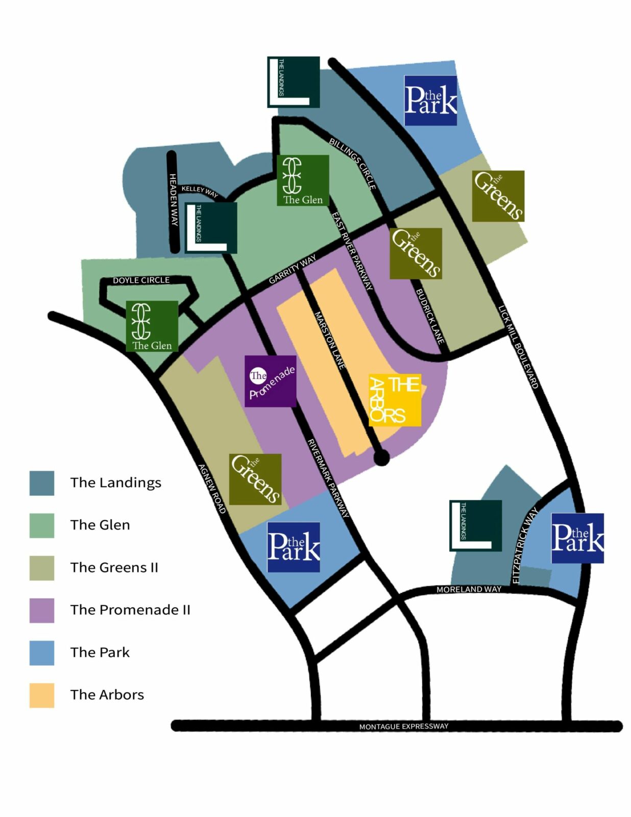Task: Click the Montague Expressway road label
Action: [403, 726]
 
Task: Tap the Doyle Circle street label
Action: [141, 280]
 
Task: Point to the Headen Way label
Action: [174, 200]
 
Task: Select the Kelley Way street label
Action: [200, 191]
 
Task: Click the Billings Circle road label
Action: [353, 163]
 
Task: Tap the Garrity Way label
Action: [293, 269]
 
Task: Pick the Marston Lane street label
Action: [330, 341]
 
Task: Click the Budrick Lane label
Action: [430, 317]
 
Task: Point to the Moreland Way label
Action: [469, 589]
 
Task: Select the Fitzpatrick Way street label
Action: [524, 545]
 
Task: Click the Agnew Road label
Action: [212, 489]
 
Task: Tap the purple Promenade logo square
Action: [270, 381]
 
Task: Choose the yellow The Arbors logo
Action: [395, 400]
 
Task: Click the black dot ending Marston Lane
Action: [381, 458]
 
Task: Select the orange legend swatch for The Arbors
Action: [42, 695]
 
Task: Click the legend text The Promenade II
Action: [130, 610]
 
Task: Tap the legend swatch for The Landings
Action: [42, 483]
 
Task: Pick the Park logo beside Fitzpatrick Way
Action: [577, 538]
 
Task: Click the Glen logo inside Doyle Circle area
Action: [152, 326]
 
